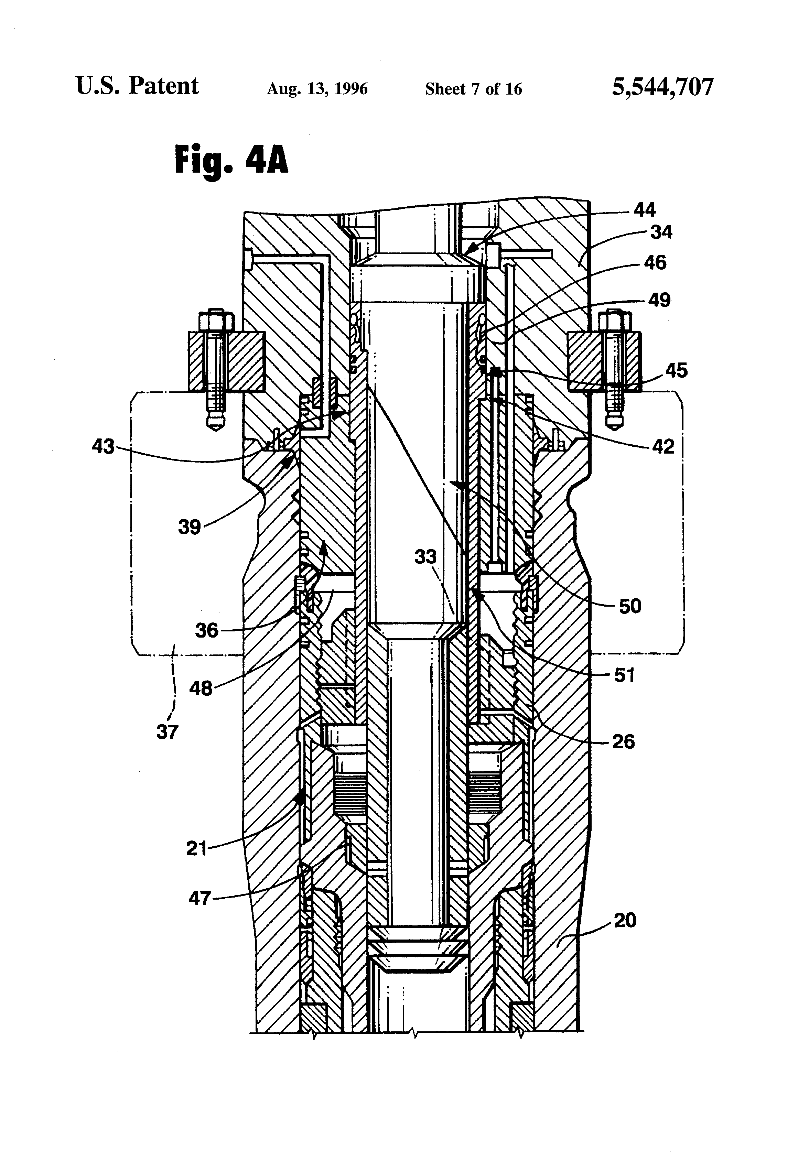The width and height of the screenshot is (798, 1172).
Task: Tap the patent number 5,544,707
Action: tap(662, 87)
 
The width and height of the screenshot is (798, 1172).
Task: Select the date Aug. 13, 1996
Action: tap(317, 89)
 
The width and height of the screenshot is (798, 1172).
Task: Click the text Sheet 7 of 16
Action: tap(473, 89)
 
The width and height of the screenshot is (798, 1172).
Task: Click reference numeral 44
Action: tap(644, 210)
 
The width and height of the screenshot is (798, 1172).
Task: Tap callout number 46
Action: tap(655, 263)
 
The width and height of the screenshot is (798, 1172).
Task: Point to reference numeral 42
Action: tap(662, 446)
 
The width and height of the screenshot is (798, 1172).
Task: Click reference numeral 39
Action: tap(189, 528)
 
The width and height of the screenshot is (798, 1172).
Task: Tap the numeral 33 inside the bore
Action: tap(425, 557)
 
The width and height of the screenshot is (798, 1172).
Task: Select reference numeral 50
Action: tap(629, 606)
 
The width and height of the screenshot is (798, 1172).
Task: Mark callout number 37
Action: tap(167, 732)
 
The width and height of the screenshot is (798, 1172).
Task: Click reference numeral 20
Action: tap(625, 920)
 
